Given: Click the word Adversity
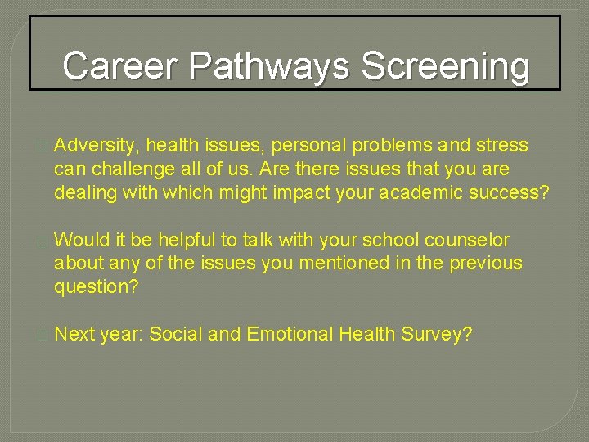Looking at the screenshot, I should [94, 146].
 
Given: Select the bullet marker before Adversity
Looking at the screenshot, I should [43, 147].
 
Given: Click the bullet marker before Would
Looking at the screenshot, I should [43, 241].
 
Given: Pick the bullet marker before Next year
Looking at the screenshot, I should [43, 335].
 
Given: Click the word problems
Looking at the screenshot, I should [388, 146].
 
